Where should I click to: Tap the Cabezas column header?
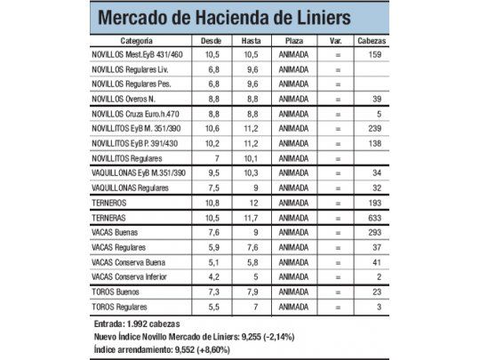pyautogui.click(x=371, y=42)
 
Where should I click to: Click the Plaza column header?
pyautogui.click(x=294, y=42)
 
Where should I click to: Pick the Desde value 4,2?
pyautogui.click(x=212, y=276)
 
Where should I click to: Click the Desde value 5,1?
pyautogui.click(x=212, y=262)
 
